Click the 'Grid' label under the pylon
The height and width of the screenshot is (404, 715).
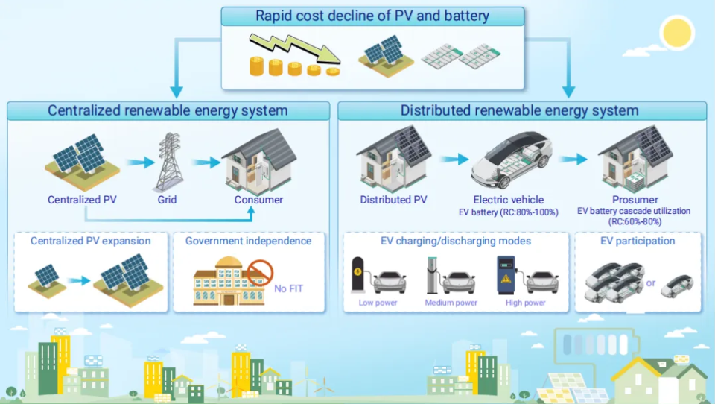click(167, 200)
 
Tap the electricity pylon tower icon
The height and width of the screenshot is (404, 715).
click(170, 162)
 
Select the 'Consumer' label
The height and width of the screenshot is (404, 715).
click(258, 200)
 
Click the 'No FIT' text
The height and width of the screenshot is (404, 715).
click(288, 288)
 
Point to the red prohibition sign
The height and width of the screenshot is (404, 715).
click(261, 273)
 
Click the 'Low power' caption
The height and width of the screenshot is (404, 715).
click(378, 303)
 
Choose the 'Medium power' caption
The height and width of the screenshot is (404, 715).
click(451, 303)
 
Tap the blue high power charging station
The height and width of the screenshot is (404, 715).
click(506, 274)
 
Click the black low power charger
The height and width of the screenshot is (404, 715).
click(358, 274)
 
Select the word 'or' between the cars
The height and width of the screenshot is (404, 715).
click(651, 283)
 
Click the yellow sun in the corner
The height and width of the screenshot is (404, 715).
click(678, 32)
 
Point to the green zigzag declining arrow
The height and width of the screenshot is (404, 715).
click(295, 48)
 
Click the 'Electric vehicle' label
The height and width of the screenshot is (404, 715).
click(509, 200)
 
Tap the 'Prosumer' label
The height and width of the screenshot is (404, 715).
click(635, 200)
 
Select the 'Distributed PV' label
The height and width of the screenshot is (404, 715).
click(393, 200)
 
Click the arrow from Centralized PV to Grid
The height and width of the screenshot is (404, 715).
click(140, 162)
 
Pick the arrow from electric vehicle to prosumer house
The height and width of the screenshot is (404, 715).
click(573, 159)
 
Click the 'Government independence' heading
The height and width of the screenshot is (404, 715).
click(248, 241)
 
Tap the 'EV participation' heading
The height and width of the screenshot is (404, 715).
click(638, 241)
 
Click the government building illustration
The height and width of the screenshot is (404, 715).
click(229, 282)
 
